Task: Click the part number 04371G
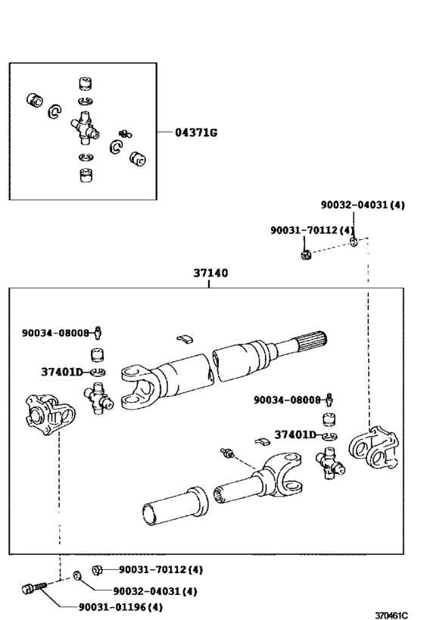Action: (x=196, y=132)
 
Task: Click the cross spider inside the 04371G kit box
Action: (x=86, y=127)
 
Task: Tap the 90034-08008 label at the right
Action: (x=288, y=399)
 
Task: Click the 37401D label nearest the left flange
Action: (x=64, y=372)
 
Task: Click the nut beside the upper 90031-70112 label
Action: (x=304, y=253)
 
